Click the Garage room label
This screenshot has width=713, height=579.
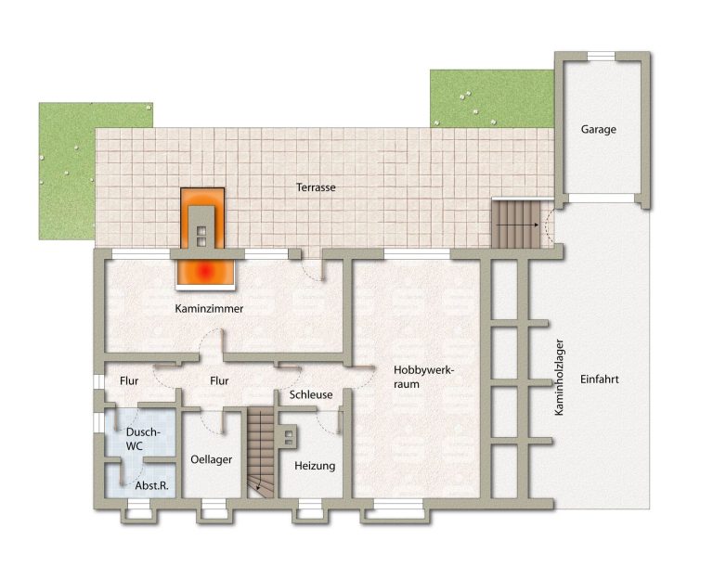coord(599,130)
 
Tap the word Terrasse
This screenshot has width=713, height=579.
coord(316,187)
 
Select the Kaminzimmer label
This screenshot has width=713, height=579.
coord(209,309)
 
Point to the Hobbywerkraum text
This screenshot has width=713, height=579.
coord(423,378)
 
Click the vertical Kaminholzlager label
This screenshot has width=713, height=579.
coord(559,378)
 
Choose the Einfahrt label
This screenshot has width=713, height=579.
coord(600,379)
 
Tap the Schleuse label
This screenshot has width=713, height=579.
coord(311,395)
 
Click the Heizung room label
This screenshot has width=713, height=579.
coord(315,466)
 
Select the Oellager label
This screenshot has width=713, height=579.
coord(212,460)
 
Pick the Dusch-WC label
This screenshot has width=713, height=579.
coord(143,439)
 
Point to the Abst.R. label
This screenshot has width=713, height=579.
coord(152,486)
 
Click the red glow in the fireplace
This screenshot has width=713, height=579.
coord(205,271)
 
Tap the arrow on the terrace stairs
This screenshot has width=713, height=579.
coord(517,225)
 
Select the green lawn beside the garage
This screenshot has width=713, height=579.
coord(492,98)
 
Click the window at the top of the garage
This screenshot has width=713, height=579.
coord(601,56)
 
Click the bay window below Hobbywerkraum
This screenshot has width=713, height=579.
coord(395,511)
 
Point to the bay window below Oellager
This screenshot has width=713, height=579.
coord(214,511)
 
